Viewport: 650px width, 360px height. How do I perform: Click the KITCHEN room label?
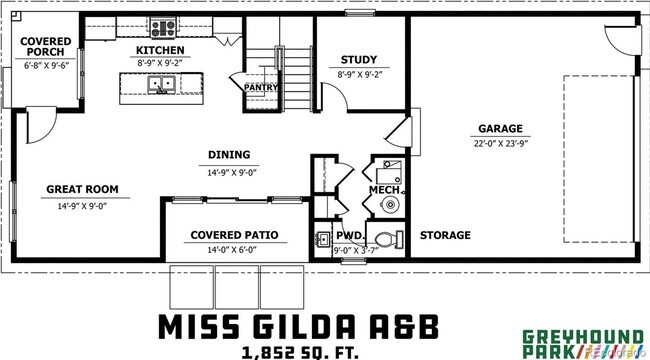(x=161, y=49)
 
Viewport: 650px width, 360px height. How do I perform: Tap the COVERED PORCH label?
(x=46, y=46)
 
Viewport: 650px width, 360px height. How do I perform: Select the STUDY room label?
(x=359, y=60)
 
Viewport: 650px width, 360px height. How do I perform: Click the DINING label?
(x=229, y=155)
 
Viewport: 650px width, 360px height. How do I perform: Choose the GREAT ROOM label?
(x=82, y=189)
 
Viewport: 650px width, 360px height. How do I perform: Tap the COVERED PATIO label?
(x=234, y=236)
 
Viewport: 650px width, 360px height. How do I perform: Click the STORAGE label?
(x=445, y=236)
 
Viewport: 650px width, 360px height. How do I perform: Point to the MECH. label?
(x=385, y=189)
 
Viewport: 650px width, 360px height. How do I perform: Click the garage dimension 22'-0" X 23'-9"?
(x=502, y=143)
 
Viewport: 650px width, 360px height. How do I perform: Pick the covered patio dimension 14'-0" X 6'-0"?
(x=234, y=250)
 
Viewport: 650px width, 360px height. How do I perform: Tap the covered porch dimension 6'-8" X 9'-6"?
(x=46, y=65)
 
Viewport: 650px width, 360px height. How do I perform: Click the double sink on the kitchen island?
(x=161, y=86)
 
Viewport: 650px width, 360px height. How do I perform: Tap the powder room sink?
(x=322, y=240)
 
